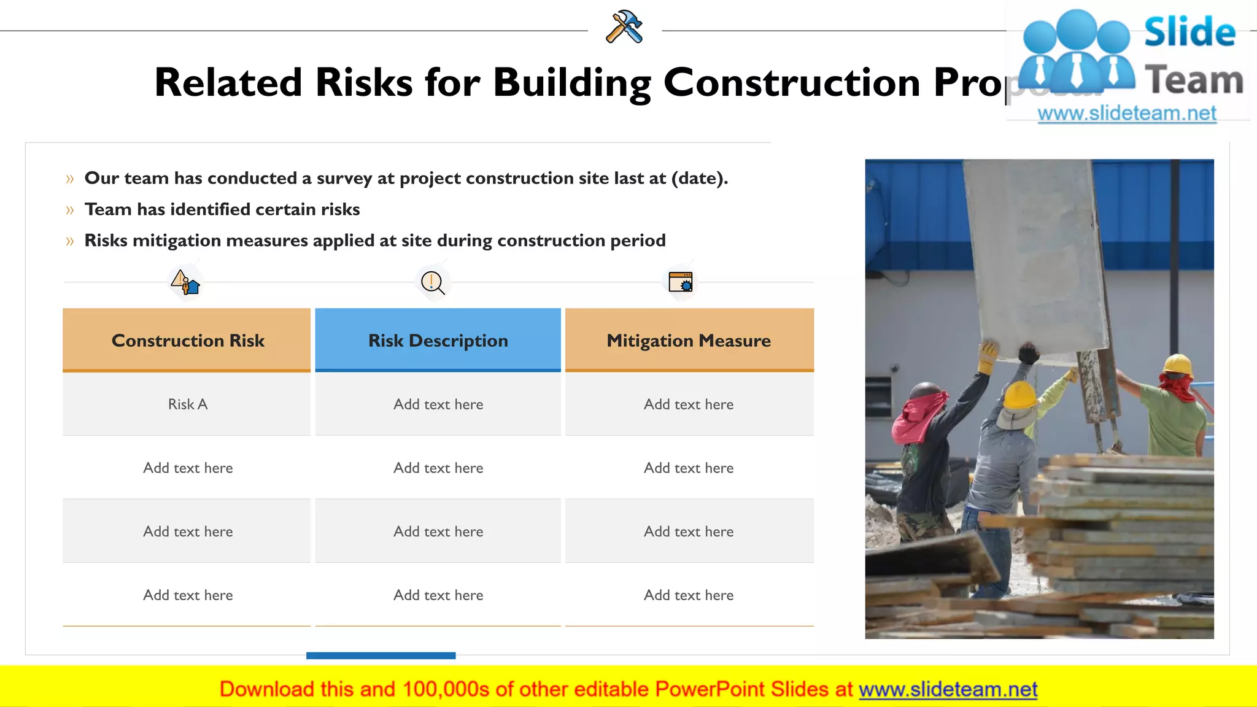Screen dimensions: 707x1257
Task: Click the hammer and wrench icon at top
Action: pyautogui.click(x=624, y=27)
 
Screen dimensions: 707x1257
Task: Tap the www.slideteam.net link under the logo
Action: pyautogui.click(x=1126, y=114)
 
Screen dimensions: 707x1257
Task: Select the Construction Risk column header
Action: pyautogui.click(x=187, y=340)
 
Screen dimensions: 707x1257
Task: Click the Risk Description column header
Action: pyautogui.click(x=438, y=340)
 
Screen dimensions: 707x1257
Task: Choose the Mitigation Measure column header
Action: pyautogui.click(x=689, y=340)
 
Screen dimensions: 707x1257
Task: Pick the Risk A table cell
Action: pyautogui.click(x=187, y=404)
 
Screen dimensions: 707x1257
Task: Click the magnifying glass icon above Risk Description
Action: pyautogui.click(x=432, y=283)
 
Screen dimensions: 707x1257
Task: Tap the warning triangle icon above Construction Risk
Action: pyautogui.click(x=185, y=282)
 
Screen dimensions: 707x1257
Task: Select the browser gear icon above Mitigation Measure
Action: pyautogui.click(x=681, y=282)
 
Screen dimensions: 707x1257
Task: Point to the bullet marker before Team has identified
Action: pyautogui.click(x=69, y=210)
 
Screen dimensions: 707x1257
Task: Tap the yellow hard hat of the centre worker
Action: pyautogui.click(x=1020, y=395)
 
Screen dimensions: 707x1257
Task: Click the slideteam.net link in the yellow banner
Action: pyautogui.click(x=948, y=689)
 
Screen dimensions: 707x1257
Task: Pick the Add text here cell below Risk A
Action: pyautogui.click(x=187, y=468)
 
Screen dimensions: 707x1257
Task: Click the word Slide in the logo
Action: pyautogui.click(x=1189, y=32)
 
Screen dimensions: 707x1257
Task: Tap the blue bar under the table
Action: pyautogui.click(x=381, y=655)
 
